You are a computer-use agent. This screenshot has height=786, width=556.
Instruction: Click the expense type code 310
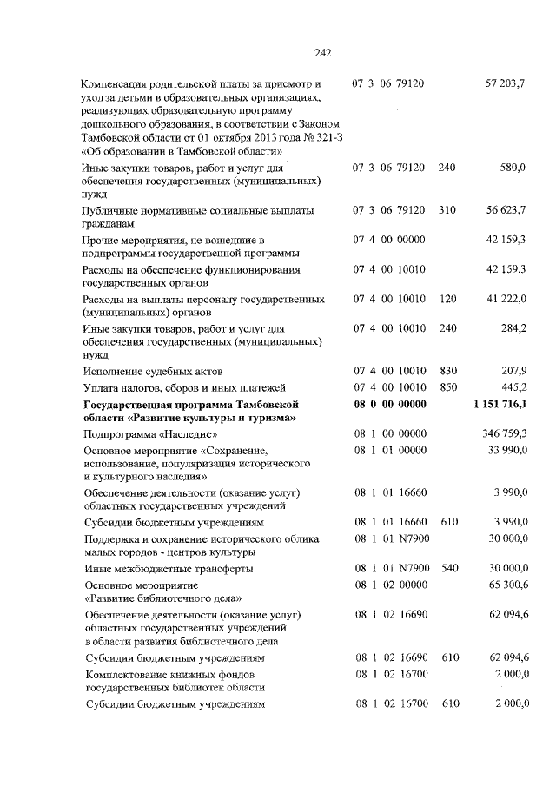(x=448, y=210)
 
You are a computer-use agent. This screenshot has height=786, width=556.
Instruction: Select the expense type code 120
(x=448, y=299)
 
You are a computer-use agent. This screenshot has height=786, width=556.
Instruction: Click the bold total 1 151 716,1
(x=500, y=405)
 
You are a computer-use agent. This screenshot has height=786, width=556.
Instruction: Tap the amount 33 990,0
(x=507, y=450)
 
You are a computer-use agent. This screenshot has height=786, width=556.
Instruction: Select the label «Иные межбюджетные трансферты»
(x=169, y=569)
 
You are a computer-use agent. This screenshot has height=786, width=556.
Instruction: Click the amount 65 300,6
(x=507, y=585)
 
